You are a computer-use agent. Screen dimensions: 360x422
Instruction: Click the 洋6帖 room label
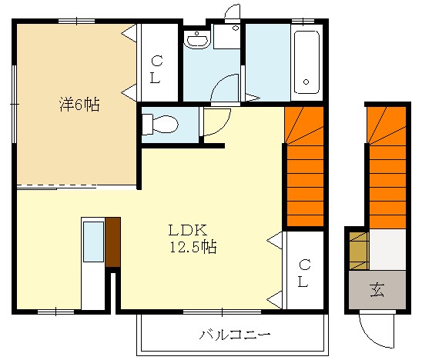[x=79, y=105]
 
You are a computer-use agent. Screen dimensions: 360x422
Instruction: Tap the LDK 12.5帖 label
[x=193, y=238]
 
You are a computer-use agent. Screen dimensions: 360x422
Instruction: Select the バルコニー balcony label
[x=234, y=335]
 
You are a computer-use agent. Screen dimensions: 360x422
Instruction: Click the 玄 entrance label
[x=377, y=289]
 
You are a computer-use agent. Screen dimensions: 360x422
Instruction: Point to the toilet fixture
[x=160, y=123]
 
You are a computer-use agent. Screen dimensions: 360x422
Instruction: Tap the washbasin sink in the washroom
[x=197, y=39]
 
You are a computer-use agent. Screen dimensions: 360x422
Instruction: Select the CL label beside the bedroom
[x=156, y=69]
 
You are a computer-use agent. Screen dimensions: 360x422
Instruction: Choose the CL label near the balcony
[x=304, y=274]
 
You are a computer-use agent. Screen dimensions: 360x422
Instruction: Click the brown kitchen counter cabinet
[x=113, y=242]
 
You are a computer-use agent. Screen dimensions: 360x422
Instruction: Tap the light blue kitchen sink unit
[x=93, y=242]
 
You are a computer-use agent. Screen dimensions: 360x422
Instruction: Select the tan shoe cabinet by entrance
[x=358, y=249]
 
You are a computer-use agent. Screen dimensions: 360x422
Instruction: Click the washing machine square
[x=228, y=37]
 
